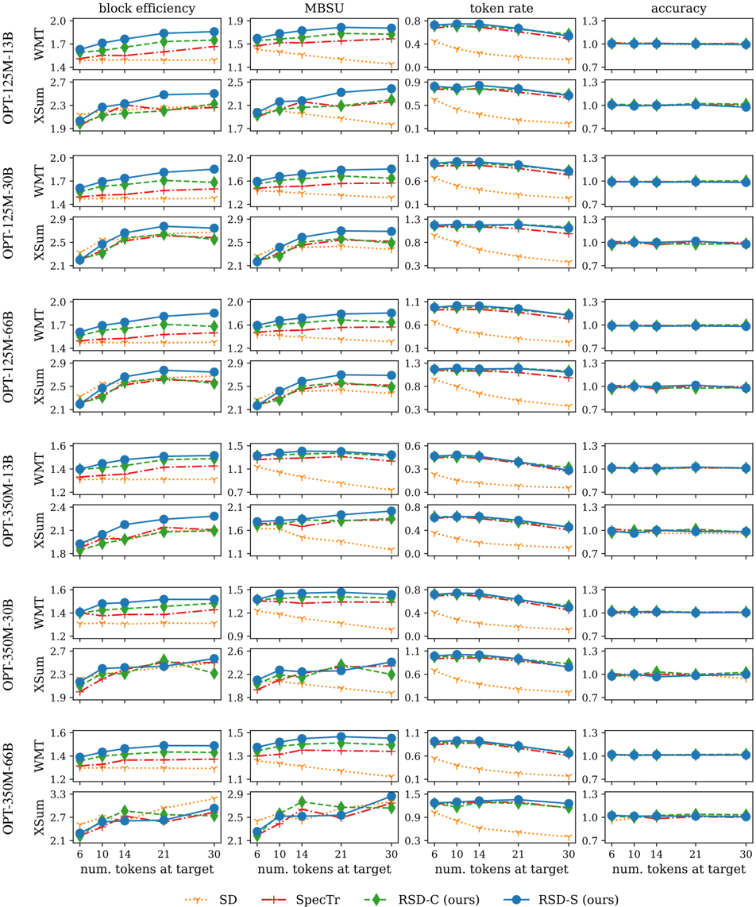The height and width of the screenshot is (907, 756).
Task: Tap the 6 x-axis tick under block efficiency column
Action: point(79,854)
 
